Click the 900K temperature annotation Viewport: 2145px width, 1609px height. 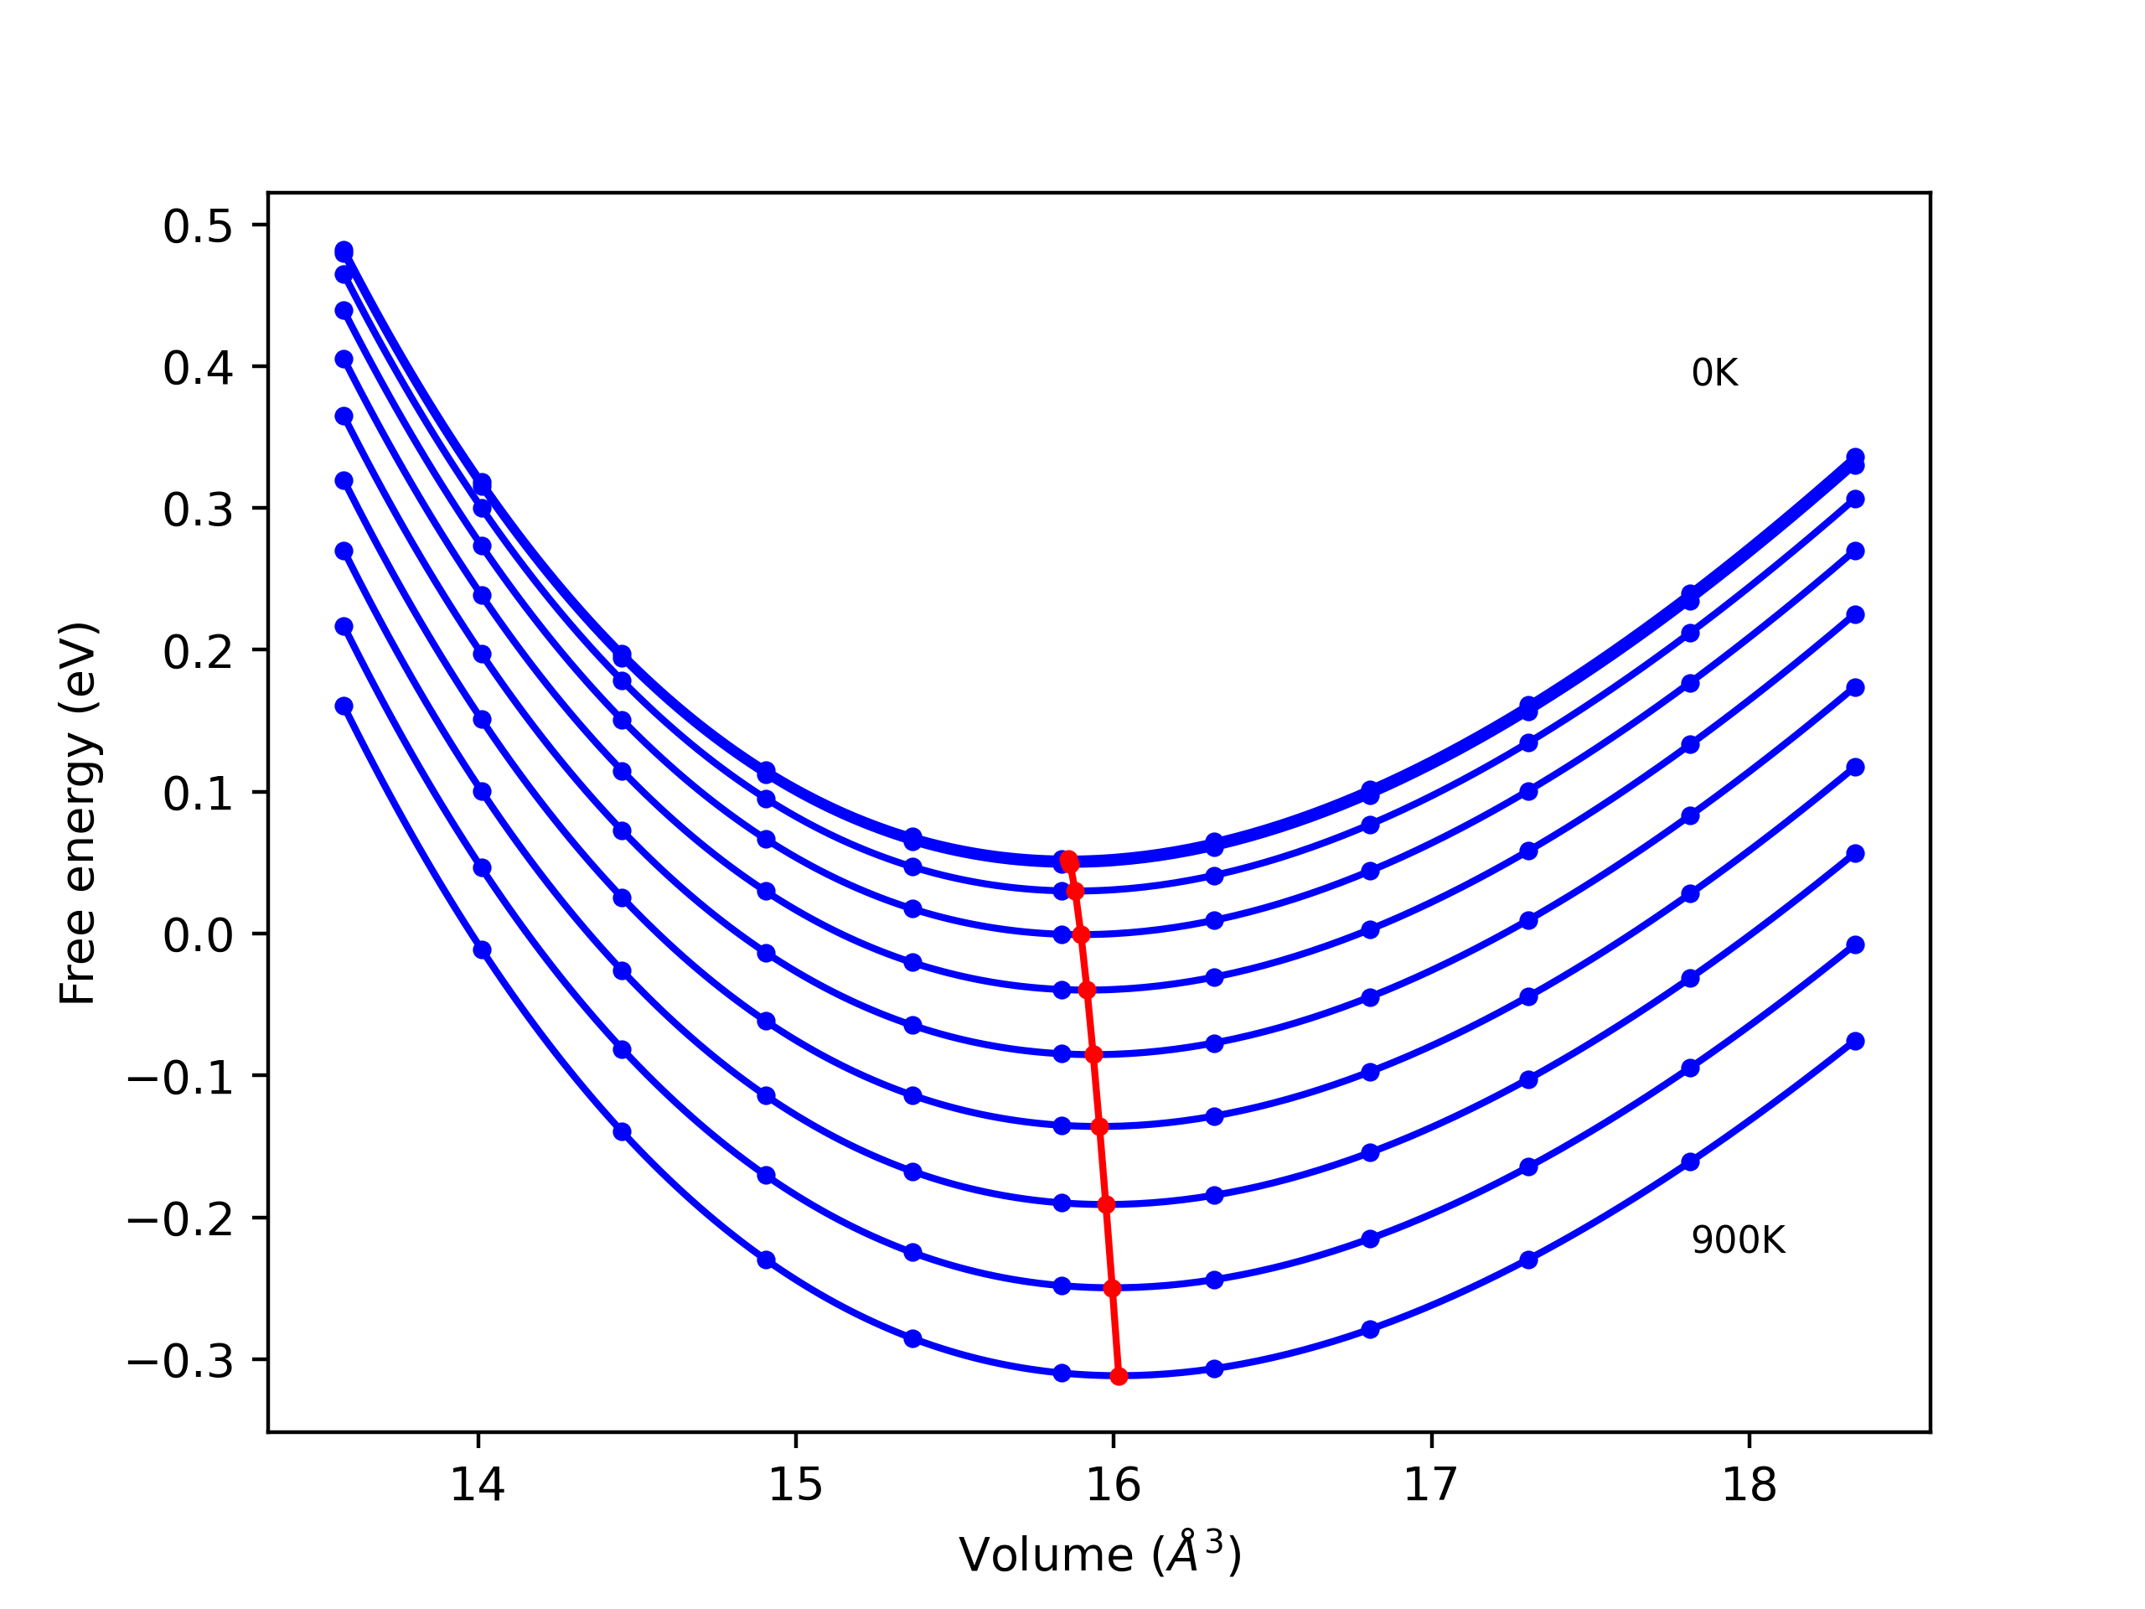click(x=1738, y=1240)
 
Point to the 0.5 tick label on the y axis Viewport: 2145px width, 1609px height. click(x=198, y=226)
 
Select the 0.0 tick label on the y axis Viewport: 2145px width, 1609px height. click(x=198, y=936)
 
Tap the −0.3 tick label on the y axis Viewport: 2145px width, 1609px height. click(x=180, y=1362)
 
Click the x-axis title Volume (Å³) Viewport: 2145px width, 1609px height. click(x=1099, y=1555)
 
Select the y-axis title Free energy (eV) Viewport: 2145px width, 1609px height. click(x=78, y=813)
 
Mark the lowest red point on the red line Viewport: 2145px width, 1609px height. click(x=1119, y=1376)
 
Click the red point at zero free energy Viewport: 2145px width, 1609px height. click(x=1081, y=935)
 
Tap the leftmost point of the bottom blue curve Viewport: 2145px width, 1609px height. click(x=344, y=706)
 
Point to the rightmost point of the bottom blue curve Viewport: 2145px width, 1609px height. click(x=1855, y=1041)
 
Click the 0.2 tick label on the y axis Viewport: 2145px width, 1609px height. click(x=198, y=652)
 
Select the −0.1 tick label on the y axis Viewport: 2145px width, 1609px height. click(x=180, y=1078)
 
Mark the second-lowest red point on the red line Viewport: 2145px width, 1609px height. click(x=1112, y=1288)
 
